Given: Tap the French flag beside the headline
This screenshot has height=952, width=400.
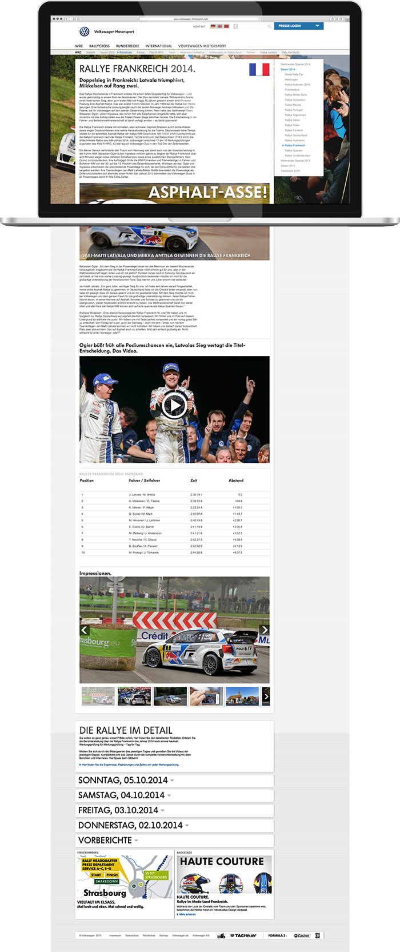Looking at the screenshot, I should tap(259, 70).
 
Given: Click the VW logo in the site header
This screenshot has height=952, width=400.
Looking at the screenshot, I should tap(85, 32).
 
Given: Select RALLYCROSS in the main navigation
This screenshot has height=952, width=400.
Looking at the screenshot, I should tap(99, 46).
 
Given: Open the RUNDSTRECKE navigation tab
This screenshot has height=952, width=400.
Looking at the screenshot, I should tap(127, 46).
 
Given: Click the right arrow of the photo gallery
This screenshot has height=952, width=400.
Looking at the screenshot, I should tap(264, 630).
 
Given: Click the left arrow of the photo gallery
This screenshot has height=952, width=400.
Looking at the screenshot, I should tap(85, 630).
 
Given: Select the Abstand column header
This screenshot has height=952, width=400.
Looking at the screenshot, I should tap(236, 480).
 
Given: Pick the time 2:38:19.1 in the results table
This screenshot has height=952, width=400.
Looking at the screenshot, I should tap(196, 494).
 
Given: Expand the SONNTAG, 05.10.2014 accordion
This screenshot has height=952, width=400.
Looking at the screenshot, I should tap(123, 780).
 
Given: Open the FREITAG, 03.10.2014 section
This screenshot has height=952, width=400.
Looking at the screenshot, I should tap(118, 810).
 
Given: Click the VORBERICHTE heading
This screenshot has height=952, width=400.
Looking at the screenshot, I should tap(105, 841).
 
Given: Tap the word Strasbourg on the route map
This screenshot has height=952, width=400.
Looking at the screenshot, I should tap(105, 893).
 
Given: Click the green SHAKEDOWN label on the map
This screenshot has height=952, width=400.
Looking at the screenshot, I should tap(107, 881).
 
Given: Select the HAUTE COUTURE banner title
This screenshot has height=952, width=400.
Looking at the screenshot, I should tap(222, 861).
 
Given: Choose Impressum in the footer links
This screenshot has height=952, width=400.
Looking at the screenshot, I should tap(115, 935).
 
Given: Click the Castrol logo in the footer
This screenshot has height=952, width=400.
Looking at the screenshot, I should tap(302, 935).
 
